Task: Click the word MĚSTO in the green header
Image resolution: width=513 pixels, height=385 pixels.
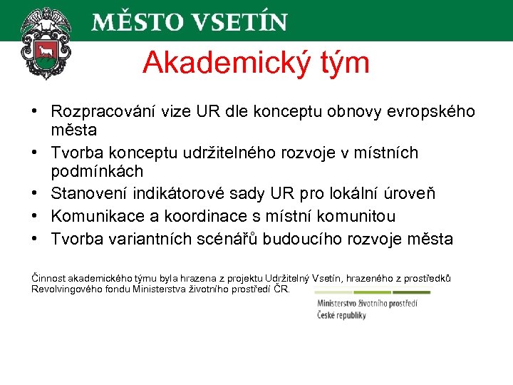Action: tap(129, 21)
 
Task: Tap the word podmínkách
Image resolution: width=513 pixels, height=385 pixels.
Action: tap(97, 172)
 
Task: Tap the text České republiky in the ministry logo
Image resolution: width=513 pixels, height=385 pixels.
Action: tap(341, 315)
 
